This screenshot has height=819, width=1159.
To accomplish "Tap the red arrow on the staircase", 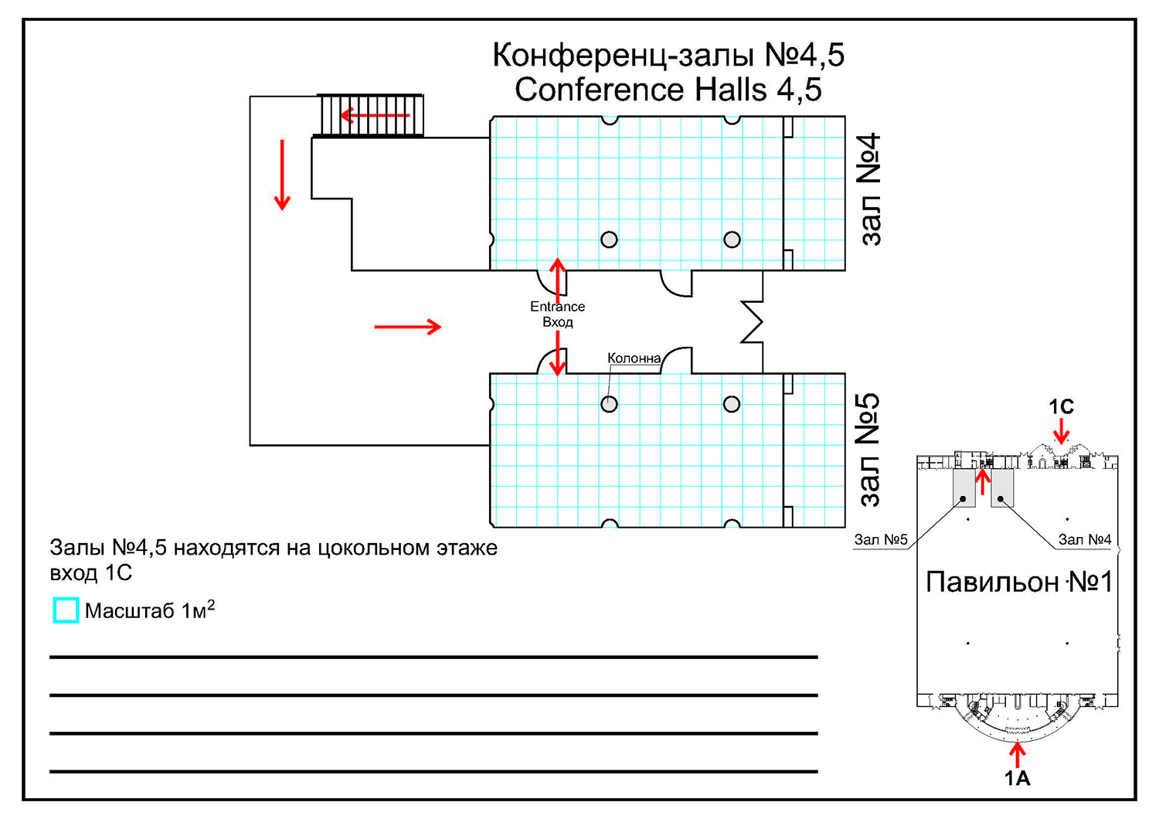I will [375, 116].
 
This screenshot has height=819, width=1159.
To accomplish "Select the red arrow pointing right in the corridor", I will [407, 327].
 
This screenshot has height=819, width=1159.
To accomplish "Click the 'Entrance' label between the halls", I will [557, 307].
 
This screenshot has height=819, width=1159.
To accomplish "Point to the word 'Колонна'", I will [634, 359].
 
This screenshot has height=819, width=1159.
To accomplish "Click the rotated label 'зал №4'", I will [869, 189].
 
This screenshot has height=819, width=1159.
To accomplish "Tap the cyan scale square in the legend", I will [66, 610].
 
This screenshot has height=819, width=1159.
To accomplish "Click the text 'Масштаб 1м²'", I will [149, 610].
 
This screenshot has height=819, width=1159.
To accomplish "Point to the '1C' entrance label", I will [1061, 407].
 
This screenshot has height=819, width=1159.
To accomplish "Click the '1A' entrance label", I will [1018, 778].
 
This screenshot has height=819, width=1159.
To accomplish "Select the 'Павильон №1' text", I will [1018, 582].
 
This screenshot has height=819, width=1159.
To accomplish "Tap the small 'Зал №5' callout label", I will [881, 539].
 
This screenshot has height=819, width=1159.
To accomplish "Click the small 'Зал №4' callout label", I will [1084, 539].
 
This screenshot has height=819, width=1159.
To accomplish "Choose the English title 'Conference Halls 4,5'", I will [668, 90].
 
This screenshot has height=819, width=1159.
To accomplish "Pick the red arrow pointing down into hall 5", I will [557, 354].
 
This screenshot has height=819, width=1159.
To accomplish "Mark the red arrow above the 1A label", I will [1018, 753].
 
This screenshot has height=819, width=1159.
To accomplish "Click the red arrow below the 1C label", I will [1061, 430].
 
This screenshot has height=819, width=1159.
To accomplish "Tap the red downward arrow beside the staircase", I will [282, 175].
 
